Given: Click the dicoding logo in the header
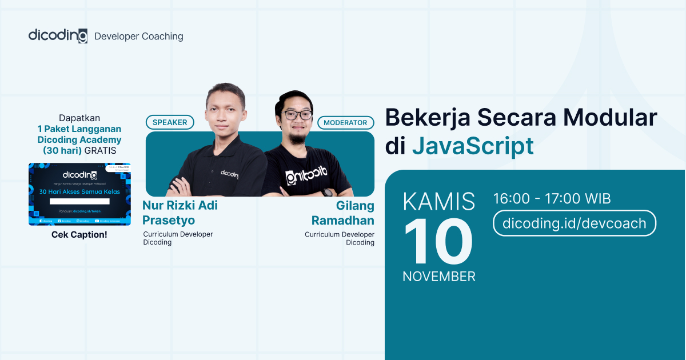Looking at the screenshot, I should (58, 35).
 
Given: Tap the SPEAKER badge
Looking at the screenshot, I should (170, 122).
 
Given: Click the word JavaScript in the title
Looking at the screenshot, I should (473, 146).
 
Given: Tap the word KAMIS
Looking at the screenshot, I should (439, 202).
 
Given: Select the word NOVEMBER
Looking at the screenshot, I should (439, 277).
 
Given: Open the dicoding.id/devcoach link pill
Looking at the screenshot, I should (574, 223).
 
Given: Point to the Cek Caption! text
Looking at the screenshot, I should (79, 234).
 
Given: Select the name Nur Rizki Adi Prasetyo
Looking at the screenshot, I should (180, 213).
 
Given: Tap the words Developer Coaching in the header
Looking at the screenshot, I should (139, 36).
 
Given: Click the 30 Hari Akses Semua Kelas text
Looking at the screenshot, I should (79, 191).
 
